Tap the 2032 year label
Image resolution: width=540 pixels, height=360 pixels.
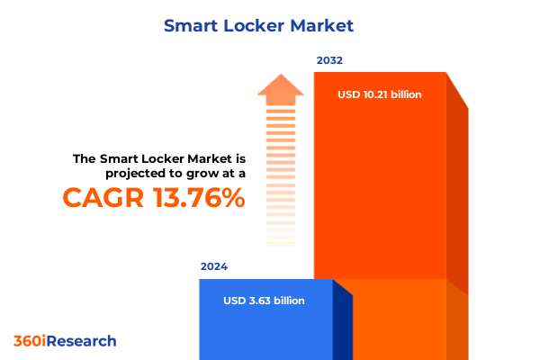[329, 60]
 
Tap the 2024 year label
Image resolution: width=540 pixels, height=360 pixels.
[214, 266]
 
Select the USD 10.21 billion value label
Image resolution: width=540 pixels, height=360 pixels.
[380, 94]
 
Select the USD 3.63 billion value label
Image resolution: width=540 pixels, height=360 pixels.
[264, 301]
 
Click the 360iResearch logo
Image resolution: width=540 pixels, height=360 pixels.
[65, 341]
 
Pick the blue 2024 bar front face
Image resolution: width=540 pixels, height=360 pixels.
[265, 324]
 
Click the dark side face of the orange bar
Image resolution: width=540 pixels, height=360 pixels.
[457, 198]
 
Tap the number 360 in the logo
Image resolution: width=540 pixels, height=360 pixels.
[26, 341]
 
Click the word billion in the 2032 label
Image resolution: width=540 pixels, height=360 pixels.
[401, 94]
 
